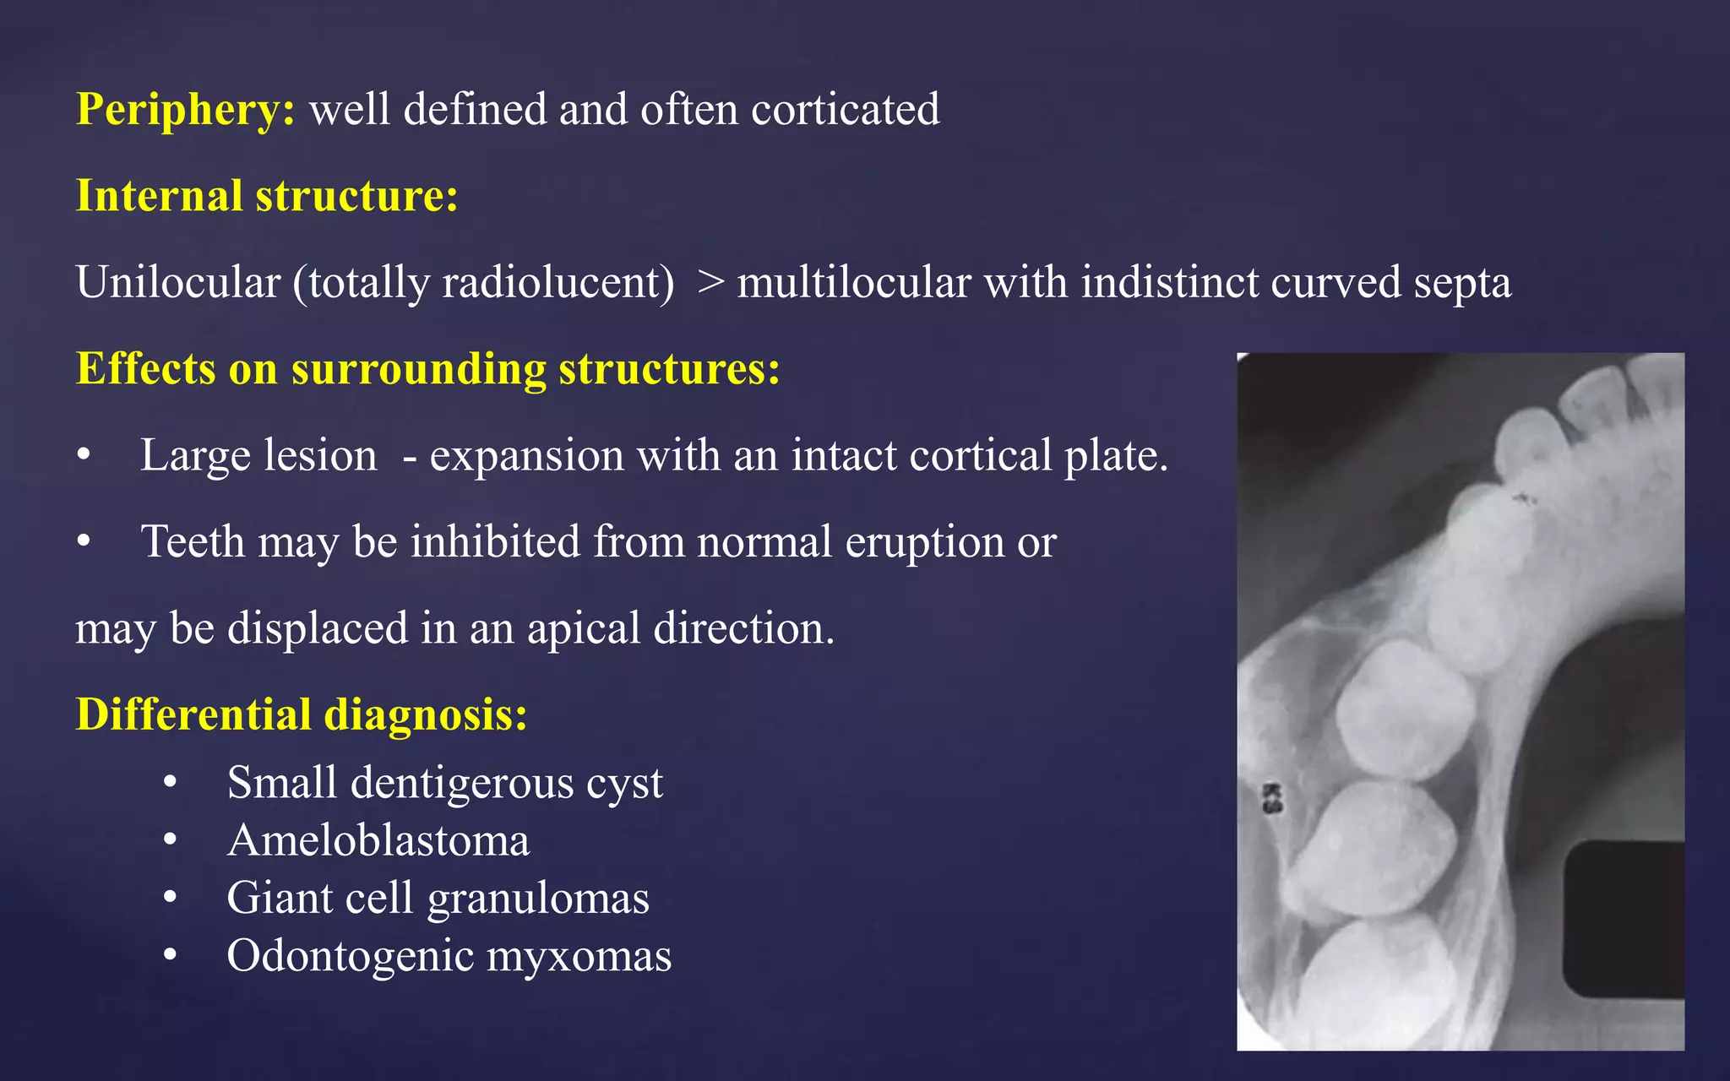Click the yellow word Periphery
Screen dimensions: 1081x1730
click(184, 110)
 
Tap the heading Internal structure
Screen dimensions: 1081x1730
click(267, 196)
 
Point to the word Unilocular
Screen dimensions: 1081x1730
click(177, 282)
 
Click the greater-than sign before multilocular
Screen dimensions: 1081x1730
click(711, 282)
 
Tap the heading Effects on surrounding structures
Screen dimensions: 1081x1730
click(427, 369)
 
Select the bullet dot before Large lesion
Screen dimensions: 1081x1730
click(83, 456)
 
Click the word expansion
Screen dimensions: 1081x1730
click(526, 457)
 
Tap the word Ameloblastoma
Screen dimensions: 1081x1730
click(378, 841)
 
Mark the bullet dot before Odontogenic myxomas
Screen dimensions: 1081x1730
click(171, 956)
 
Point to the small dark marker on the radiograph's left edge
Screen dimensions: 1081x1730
click(1271, 798)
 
